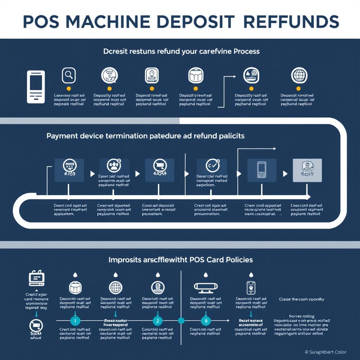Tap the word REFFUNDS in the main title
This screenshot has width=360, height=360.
(291, 22)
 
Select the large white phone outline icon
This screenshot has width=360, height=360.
(36, 87)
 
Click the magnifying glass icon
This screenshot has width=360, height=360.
(69, 75)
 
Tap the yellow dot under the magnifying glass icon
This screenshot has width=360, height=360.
(69, 89)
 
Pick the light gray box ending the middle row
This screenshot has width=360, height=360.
(307, 170)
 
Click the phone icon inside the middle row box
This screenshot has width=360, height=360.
(262, 169)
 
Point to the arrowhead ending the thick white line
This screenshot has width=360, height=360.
(308, 197)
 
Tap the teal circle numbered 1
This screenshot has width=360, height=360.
(75, 320)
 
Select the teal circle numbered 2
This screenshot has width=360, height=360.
(158, 320)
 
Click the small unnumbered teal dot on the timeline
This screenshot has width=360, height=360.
(181, 320)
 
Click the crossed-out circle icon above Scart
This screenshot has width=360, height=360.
(36, 324)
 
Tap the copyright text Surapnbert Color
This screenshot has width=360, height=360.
(325, 352)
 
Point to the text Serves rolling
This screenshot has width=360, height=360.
(301, 316)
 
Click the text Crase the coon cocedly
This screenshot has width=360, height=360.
(301, 299)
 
